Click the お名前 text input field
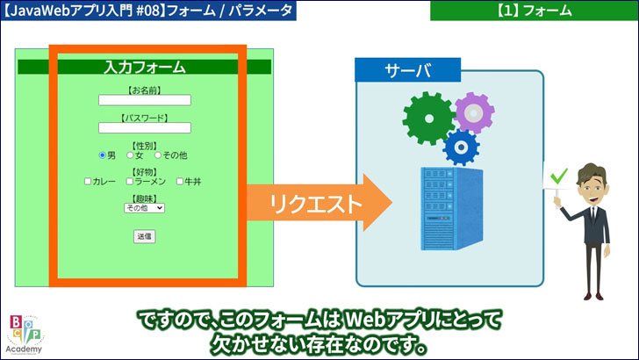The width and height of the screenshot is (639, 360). pyautogui.click(x=145, y=100)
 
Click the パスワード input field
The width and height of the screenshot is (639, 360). pyautogui.click(x=145, y=128)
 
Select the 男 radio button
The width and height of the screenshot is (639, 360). pyautogui.click(x=102, y=155)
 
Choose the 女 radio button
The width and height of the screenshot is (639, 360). pyautogui.click(x=130, y=155)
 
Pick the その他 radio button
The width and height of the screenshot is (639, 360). pyautogui.click(x=158, y=155)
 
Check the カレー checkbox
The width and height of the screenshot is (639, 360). pyautogui.click(x=88, y=182)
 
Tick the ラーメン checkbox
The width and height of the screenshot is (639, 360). pyautogui.click(x=140, y=182)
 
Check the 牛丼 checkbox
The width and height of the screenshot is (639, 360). pyautogui.click(x=180, y=182)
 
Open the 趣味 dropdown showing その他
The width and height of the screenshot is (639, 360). pyautogui.click(x=145, y=208)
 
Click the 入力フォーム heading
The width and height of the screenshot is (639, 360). pyautogui.click(x=145, y=67)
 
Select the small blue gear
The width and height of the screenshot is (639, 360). pyautogui.click(x=461, y=147)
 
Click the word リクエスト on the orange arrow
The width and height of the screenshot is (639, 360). pyautogui.click(x=304, y=205)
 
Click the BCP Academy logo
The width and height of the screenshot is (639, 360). pyautogui.click(x=23, y=334)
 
